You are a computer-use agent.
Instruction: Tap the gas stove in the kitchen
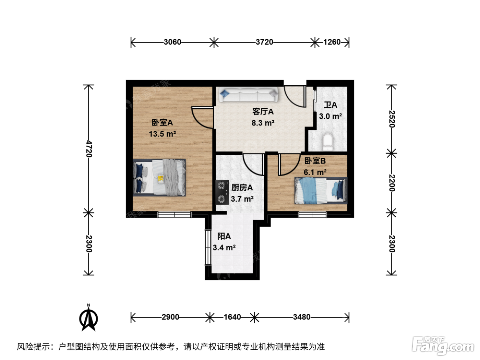222,192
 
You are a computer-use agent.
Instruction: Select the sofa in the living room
249,95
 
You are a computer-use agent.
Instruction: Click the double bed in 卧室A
159,178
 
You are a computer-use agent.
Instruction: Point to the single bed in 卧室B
321,191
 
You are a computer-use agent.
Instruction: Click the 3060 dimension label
172,42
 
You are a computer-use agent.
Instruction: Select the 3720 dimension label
264,42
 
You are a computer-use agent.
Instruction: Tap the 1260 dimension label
332,42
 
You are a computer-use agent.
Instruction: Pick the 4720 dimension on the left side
89,149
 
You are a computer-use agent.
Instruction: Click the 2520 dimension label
392,119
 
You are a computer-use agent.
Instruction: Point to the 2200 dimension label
392,183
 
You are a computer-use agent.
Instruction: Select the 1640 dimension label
232,317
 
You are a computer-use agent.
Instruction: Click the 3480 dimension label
302,317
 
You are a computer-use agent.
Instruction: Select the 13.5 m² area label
163,134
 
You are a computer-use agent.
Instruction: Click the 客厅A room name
263,111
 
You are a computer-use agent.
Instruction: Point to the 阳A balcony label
224,236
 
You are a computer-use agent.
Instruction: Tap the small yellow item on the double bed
161,179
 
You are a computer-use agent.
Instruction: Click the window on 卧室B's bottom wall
313,215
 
